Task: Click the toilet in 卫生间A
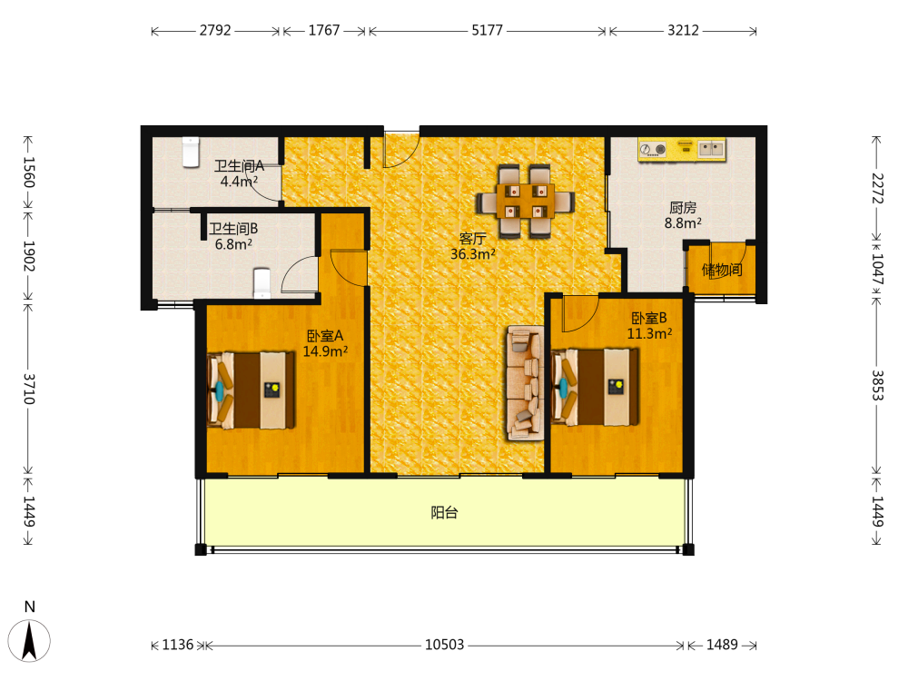click(x=191, y=152)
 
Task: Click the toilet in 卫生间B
click(x=262, y=283)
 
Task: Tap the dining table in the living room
click(x=525, y=202)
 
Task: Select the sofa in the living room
click(x=526, y=383)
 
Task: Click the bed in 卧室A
click(x=252, y=390)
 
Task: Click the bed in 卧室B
click(x=596, y=387)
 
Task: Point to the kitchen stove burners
click(x=654, y=150)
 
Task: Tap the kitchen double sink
click(x=712, y=149)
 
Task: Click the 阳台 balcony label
click(x=445, y=512)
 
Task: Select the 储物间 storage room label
click(x=722, y=270)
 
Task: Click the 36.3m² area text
click(x=473, y=253)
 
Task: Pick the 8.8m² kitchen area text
click(x=684, y=223)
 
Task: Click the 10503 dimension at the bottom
click(x=445, y=645)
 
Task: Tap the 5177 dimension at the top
click(x=488, y=30)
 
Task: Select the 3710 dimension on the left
click(x=29, y=389)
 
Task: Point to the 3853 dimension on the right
click(x=878, y=385)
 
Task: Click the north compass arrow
click(x=29, y=641)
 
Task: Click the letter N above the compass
click(x=30, y=607)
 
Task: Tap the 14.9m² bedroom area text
click(x=325, y=350)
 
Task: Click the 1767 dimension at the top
click(x=324, y=30)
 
